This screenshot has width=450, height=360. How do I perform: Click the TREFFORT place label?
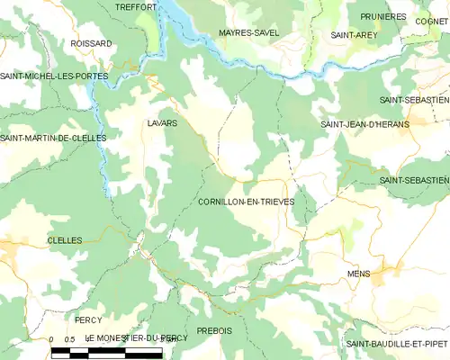[x=136, y=6]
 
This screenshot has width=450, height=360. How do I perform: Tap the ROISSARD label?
[x=92, y=42]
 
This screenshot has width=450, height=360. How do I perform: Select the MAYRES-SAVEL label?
[x=248, y=32]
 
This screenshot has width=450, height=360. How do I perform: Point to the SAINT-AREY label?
[x=353, y=34]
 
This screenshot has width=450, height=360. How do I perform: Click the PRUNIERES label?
[x=383, y=16]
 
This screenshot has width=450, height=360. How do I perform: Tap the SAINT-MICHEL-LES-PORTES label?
[x=54, y=76]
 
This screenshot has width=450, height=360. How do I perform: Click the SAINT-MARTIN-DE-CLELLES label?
[x=53, y=138]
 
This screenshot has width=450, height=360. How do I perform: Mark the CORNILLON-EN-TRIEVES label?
[x=245, y=202]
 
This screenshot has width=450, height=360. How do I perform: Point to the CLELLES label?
[x=64, y=240]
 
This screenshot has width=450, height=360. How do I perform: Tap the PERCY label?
[x=88, y=319]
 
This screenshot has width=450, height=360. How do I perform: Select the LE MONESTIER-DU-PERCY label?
[x=137, y=337]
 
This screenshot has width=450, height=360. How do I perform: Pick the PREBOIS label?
[x=214, y=330]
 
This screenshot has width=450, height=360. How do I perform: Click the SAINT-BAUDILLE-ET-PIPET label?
[x=397, y=344]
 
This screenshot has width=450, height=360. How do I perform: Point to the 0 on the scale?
[x=51, y=339]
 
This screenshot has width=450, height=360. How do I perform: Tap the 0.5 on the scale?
[x=69, y=339]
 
